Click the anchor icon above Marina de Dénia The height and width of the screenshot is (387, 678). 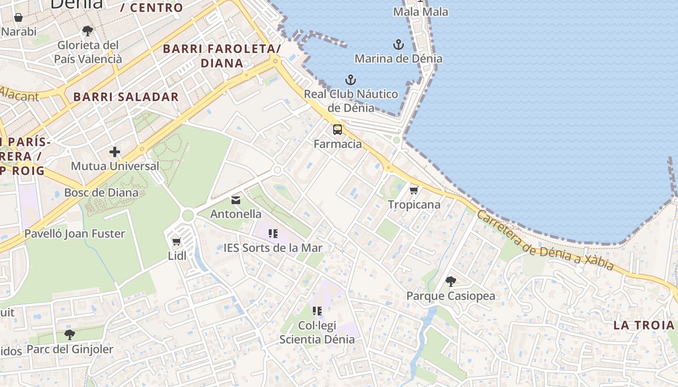(x=398, y=45)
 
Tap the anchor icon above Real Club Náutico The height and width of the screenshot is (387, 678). (x=350, y=80)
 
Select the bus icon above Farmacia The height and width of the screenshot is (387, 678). (x=338, y=130)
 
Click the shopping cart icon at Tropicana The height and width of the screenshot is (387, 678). (x=414, y=190)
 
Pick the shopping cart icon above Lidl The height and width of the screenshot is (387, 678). (x=176, y=241)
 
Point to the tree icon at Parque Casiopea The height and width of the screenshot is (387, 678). (x=450, y=281)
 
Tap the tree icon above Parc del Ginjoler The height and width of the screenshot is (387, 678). (x=70, y=334)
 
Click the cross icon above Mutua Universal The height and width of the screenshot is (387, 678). (x=115, y=152)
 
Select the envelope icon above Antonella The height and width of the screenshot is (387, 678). (x=236, y=200)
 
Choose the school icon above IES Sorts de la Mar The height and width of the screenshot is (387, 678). (x=273, y=234)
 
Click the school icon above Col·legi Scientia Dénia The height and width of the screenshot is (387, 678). (x=317, y=311)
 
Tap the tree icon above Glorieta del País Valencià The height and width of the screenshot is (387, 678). (x=88, y=31)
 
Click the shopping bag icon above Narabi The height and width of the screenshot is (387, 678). (x=18, y=18)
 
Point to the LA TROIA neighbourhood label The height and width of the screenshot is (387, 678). (x=644, y=325)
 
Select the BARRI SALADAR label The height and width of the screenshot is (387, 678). (x=126, y=97)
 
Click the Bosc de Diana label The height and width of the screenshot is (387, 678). (x=101, y=193)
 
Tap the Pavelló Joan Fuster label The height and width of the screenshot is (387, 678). (x=75, y=234)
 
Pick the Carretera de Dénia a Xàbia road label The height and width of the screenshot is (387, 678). (x=545, y=240)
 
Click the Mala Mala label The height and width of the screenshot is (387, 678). (x=420, y=12)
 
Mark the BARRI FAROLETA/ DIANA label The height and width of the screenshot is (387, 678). (x=222, y=56)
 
